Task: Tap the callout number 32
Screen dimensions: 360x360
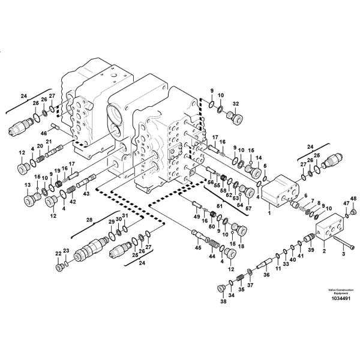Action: click(236, 103)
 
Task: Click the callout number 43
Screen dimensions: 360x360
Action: click(86, 193)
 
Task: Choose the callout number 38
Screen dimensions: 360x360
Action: click(223, 302)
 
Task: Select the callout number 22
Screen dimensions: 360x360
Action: click(58, 253)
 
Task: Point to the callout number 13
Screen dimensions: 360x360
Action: click(26, 185)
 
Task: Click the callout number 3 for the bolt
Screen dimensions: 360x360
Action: click(343, 254)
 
